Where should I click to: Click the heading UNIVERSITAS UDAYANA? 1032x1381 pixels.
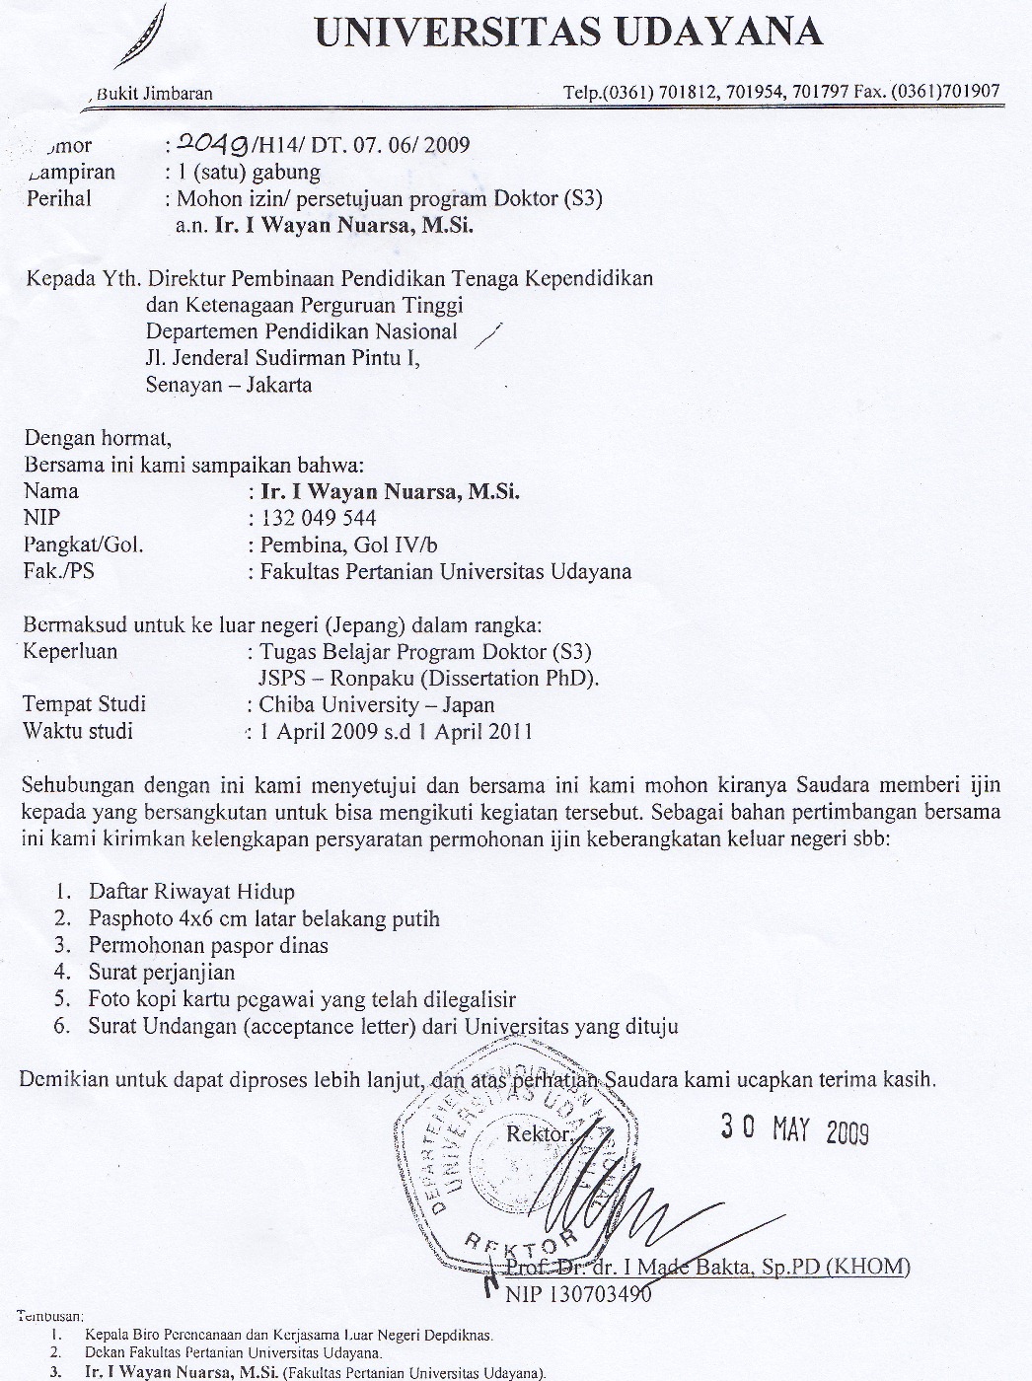[x=568, y=33]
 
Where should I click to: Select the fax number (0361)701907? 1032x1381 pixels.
[x=945, y=92]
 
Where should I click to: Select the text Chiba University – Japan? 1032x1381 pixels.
[x=377, y=704]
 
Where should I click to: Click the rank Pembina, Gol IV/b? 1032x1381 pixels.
[x=348, y=544]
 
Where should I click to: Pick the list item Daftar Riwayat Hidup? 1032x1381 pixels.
[x=191, y=891]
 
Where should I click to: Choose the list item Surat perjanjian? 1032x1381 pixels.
[x=162, y=972]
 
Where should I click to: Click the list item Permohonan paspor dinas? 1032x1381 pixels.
[x=208, y=945]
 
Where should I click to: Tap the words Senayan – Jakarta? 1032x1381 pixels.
[x=229, y=385]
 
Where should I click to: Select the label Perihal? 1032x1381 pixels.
[x=58, y=198]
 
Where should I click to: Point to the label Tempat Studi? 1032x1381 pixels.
[x=85, y=704]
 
